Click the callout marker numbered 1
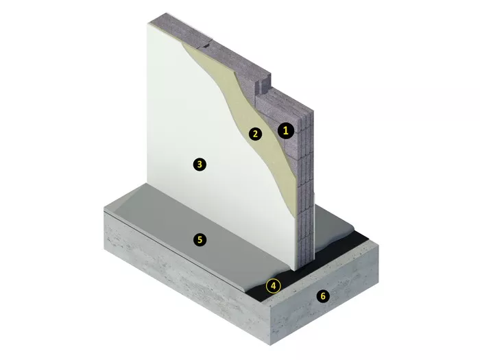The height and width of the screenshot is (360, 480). click(286, 131)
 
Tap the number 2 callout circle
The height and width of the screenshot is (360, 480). click(255, 134)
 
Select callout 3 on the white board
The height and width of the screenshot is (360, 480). click(200, 165)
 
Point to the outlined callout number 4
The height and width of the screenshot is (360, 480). click(274, 286)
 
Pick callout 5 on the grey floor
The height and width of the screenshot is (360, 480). click(200, 239)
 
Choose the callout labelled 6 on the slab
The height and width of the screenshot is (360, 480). click(323, 296)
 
